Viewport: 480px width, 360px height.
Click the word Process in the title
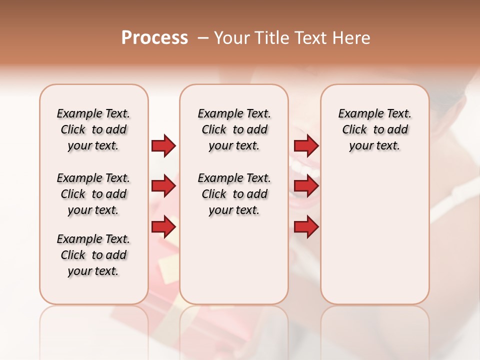pyautogui.click(x=154, y=38)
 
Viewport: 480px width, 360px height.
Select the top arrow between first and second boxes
pyautogui.click(x=163, y=145)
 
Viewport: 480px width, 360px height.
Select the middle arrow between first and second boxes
pyautogui.click(x=163, y=186)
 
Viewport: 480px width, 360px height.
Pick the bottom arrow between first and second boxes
pyautogui.click(x=163, y=227)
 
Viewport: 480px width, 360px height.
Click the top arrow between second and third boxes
pyautogui.click(x=306, y=145)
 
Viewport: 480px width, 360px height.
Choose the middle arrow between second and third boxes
pyautogui.click(x=306, y=186)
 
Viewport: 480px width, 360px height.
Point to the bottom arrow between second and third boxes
pyautogui.click(x=306, y=227)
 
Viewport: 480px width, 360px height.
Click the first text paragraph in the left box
pyautogui.click(x=93, y=129)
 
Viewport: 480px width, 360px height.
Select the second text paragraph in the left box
pyautogui.click(x=93, y=194)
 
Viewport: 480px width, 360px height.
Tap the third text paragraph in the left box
pyautogui.click(x=93, y=255)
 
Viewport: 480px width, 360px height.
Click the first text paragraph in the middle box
pyautogui.click(x=234, y=129)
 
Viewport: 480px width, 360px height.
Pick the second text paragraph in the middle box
pyautogui.click(x=234, y=194)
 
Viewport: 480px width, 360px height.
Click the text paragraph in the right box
pyautogui.click(x=374, y=129)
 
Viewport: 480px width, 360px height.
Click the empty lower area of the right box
pyautogui.click(x=374, y=240)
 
